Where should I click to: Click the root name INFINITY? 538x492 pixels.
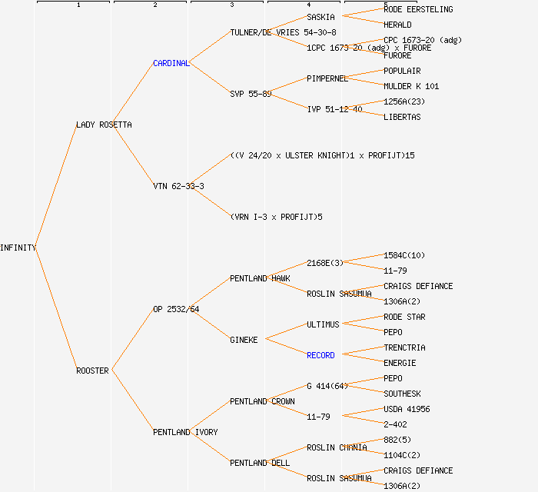18,248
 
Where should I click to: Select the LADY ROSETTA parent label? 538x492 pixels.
104,125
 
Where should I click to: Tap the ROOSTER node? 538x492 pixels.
92,371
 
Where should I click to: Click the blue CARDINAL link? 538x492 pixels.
171,63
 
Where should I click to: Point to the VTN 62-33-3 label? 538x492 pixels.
178,186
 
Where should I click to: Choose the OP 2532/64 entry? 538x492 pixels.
176,309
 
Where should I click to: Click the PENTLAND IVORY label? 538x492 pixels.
185,432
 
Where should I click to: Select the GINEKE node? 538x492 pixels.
244,340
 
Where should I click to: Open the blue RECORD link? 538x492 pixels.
320,355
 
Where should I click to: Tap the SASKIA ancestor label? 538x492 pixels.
320,17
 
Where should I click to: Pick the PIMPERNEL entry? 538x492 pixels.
327,78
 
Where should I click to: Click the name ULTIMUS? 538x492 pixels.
323,324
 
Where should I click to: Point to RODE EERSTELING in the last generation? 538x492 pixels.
418,9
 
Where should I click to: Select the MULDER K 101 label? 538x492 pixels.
411,86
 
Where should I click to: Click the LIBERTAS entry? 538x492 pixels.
402,117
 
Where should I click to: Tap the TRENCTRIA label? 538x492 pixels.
404,347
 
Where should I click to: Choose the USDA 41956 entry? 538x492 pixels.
407,409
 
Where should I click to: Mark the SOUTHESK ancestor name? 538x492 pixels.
402,394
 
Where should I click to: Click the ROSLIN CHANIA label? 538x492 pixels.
337,447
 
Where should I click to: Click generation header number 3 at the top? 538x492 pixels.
231,5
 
